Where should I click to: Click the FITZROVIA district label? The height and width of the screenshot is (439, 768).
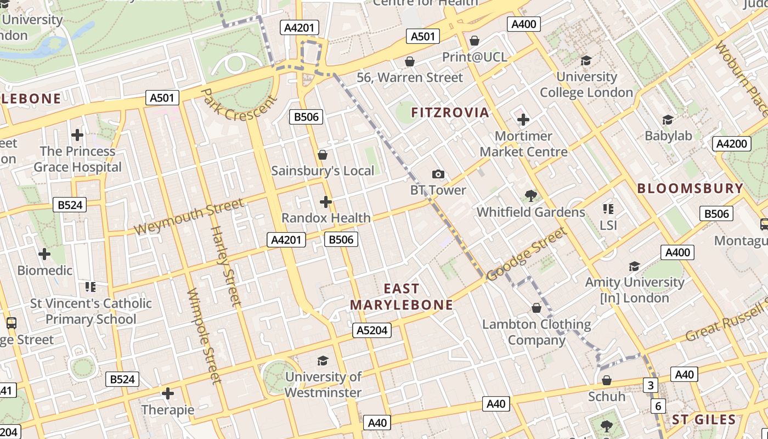450,113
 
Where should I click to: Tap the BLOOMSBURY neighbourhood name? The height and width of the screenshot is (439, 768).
690,188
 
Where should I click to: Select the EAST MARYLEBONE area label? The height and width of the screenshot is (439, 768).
402,296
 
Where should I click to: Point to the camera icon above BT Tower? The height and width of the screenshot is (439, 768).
438,175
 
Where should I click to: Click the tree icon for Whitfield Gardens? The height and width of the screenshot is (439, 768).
530,195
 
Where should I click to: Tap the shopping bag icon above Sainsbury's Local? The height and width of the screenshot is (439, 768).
323,155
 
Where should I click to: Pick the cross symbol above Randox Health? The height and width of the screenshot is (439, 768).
326,202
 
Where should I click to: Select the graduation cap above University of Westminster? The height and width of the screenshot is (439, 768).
323,361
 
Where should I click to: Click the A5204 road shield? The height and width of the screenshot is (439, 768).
371,330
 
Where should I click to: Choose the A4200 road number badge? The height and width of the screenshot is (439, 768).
732,144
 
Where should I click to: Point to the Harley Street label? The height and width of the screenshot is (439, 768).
225,266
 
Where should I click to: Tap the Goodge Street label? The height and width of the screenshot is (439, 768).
526,254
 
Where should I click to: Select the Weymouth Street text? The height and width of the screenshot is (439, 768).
189,216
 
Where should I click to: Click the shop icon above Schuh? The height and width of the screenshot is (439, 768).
607,380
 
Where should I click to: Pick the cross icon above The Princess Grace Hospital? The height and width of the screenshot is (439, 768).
77,134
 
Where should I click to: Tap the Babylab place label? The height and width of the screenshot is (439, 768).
668,136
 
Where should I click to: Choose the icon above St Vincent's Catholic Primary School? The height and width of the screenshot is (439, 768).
91,286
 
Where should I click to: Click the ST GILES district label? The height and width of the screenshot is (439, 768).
704,420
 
